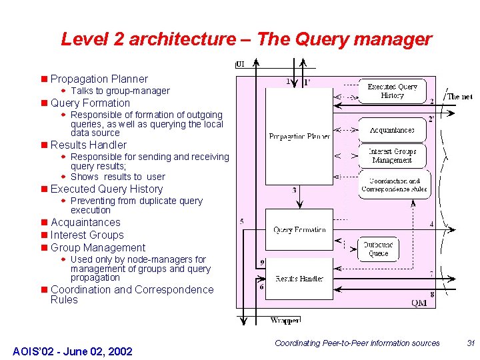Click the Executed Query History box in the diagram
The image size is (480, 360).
pos(392,91)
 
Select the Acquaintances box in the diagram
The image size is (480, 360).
pos(392,130)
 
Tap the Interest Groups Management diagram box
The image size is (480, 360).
pos(392,156)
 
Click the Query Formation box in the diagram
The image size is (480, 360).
pos(299,229)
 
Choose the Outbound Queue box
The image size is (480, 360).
pos(378,249)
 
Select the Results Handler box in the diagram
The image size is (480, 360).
pos(299,278)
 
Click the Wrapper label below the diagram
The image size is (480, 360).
pos(285,321)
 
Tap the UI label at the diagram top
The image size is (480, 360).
pos(241,65)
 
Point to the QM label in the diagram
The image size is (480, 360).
pos(419,303)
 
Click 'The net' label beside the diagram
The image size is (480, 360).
pos(459,97)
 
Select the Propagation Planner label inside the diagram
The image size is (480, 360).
pos(299,137)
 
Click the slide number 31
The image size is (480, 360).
pos(471,343)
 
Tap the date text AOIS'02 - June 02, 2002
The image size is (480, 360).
pos(73,351)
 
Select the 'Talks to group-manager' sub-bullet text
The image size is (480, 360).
pos(120,91)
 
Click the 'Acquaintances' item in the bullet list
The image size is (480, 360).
pos(85,223)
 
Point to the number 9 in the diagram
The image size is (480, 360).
pos(263,263)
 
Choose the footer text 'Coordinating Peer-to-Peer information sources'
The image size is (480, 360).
pos(357,343)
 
